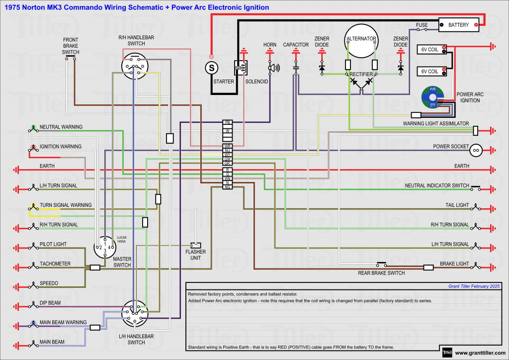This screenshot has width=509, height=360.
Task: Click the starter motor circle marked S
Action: pos(211,67)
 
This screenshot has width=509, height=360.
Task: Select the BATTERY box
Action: pos(458,25)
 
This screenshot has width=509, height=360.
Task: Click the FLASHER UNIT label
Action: pos(195,255)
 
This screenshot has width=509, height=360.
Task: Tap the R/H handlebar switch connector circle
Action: pos(134,66)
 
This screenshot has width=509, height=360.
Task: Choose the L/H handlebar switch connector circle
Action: pos(135,313)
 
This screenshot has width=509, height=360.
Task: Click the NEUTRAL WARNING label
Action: pos(61,127)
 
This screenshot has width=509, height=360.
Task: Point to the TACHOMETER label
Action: pos(55,264)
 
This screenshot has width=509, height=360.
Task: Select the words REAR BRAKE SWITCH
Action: pos(381,273)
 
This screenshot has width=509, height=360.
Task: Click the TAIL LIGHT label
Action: pos(457,205)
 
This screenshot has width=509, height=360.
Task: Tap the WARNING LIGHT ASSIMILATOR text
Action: pos(436,123)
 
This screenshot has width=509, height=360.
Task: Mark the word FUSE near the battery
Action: pos(422,25)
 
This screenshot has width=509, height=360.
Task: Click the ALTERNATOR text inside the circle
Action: pos(361,39)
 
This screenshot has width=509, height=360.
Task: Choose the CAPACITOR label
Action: pos(296,45)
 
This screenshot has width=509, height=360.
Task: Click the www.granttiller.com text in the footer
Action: pos(479,353)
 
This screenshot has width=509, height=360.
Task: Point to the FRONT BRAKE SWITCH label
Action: pos(71,46)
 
